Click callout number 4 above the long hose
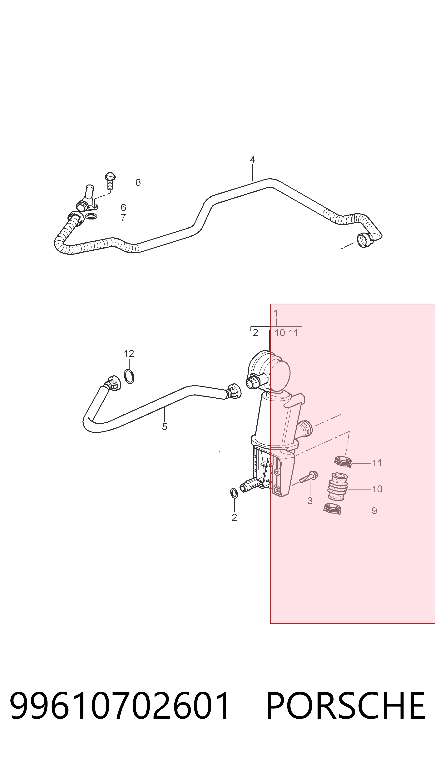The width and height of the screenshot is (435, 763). pos(252,160)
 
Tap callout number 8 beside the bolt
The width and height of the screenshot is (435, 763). pos(138,182)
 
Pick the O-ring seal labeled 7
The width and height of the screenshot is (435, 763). pos(91,216)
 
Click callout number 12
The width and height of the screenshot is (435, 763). pos(129,354)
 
